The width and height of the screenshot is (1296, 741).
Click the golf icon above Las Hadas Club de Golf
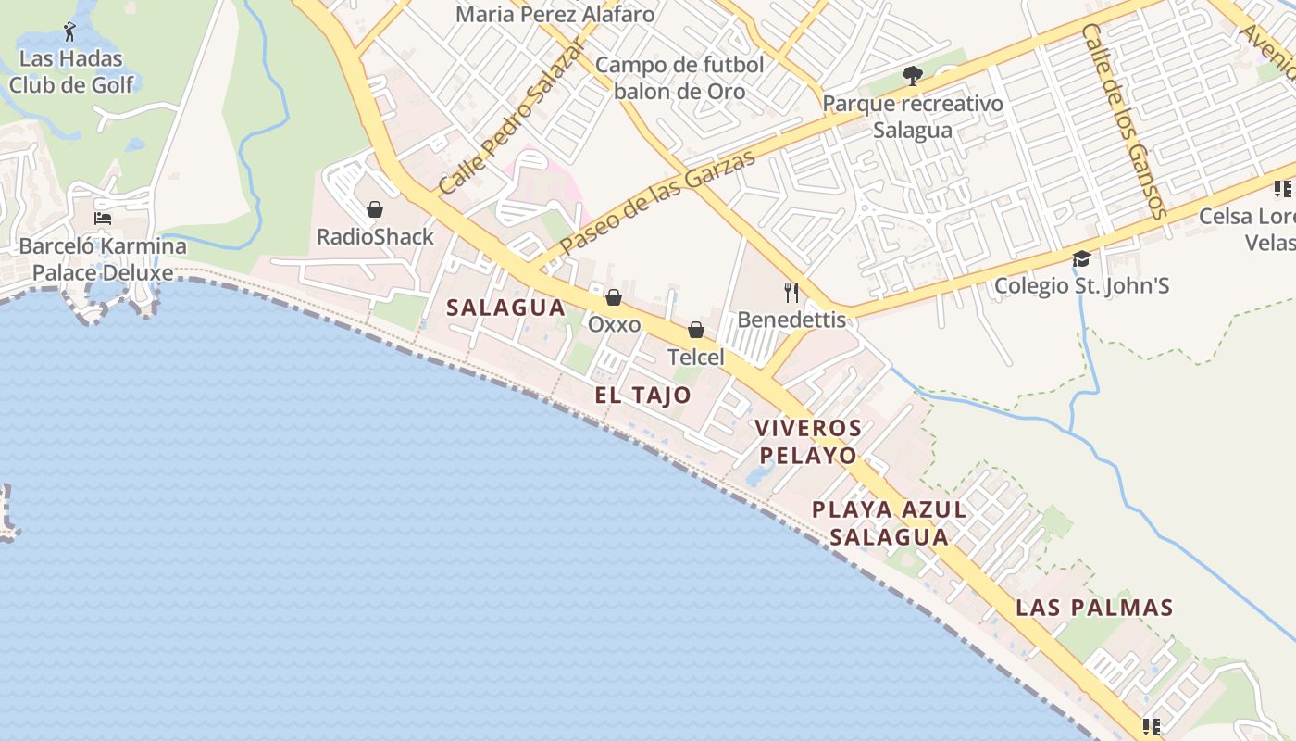click(70, 31)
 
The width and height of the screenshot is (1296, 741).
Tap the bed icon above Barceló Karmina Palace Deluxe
click(103, 220)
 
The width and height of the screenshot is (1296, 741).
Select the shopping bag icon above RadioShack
click(375, 209)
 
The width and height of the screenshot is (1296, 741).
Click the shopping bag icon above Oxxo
click(613, 297)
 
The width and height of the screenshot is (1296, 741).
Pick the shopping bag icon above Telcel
click(696, 330)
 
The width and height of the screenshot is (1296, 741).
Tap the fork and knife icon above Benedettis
click(791, 293)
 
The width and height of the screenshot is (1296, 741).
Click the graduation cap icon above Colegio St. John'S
click(1081, 258)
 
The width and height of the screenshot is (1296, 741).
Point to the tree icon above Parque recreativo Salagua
click(913, 76)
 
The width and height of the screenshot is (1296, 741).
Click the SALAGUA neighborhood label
click(505, 308)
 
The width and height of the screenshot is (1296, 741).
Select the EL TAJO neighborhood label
click(642, 396)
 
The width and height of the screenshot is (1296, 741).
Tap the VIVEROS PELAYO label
click(807, 442)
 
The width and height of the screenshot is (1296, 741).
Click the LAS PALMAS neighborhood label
click(1094, 608)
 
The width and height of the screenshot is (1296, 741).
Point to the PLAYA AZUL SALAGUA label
click(889, 522)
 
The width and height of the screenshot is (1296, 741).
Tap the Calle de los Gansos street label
click(1124, 121)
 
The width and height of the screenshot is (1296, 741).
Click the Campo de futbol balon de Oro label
click(679, 78)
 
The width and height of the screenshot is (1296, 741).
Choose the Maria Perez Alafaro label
click(555, 15)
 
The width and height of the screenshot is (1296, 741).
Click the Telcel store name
click(696, 357)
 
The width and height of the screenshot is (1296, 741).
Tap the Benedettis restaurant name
click(791, 320)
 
